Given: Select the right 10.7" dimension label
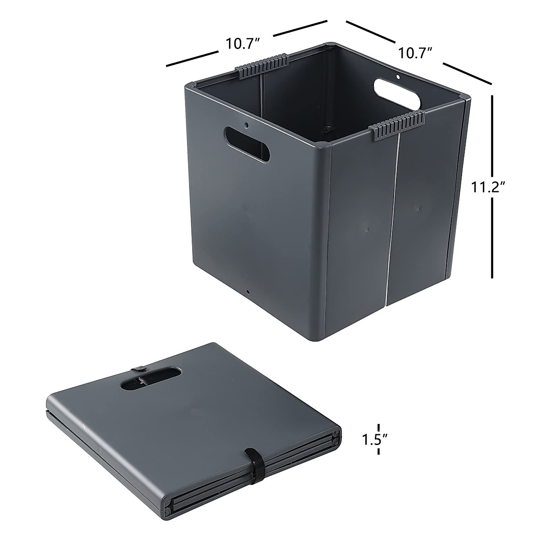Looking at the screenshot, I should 414,53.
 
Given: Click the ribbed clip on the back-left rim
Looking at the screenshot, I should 261,66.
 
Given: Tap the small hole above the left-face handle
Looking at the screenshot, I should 247,123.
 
